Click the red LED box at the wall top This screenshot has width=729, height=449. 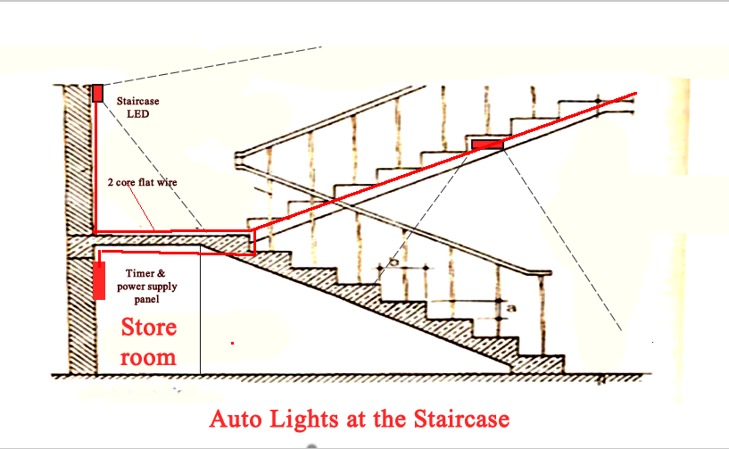pyautogui.click(x=98, y=93)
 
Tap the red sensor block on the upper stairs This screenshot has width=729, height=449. pyautogui.click(x=487, y=143)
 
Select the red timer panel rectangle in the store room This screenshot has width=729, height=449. pyautogui.click(x=98, y=279)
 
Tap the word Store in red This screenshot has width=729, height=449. pyautogui.click(x=149, y=328)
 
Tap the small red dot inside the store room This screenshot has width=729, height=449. pyautogui.click(x=232, y=342)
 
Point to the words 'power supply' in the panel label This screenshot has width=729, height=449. pyautogui.click(x=146, y=287)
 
